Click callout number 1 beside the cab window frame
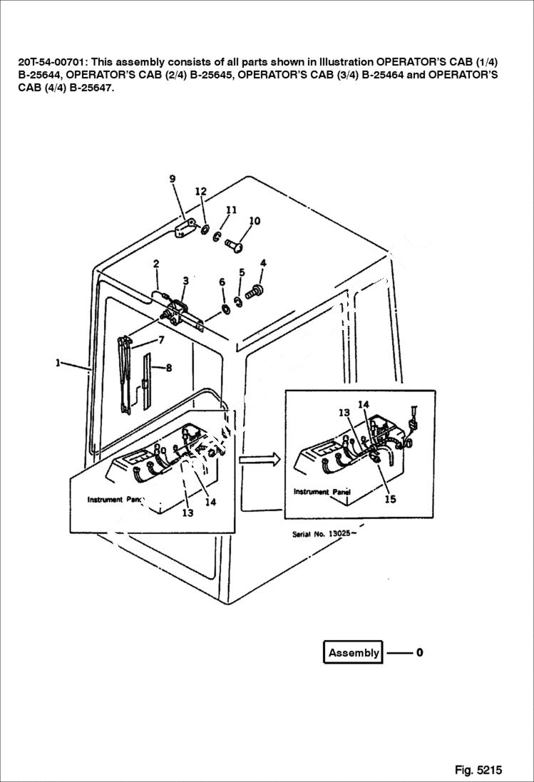(57, 363)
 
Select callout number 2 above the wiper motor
(155, 264)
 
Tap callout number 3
(185, 280)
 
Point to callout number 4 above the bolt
(263, 263)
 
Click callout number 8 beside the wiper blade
(169, 368)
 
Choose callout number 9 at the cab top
(173, 179)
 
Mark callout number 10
(255, 221)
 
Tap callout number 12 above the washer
(201, 191)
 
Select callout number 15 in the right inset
(391, 499)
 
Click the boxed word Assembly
(354, 652)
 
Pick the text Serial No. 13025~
(324, 534)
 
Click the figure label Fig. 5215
(478, 770)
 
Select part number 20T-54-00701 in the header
(49, 61)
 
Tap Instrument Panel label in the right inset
(322, 492)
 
